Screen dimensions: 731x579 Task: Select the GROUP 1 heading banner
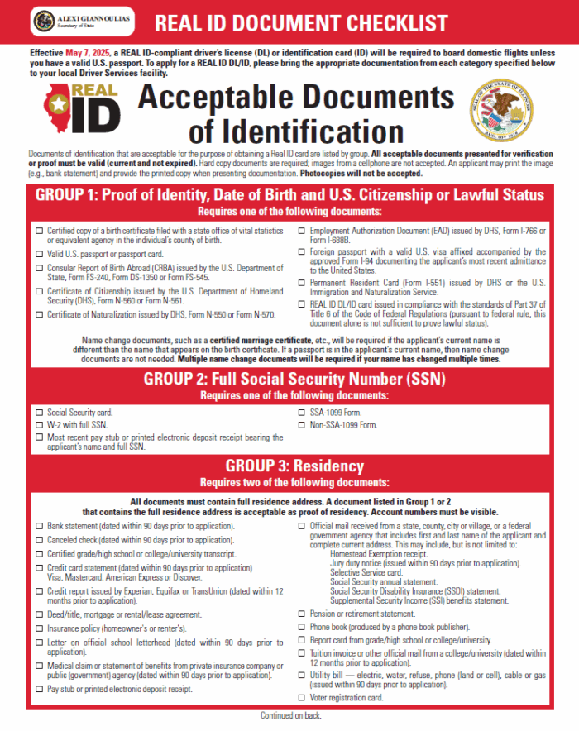[289, 196]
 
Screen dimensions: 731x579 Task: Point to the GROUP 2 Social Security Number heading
[289, 380]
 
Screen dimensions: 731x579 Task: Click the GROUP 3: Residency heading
[289, 466]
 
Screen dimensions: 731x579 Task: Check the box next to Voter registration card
[302, 698]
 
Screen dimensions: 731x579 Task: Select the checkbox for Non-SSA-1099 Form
[302, 424]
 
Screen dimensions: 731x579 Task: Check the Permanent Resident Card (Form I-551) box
[302, 283]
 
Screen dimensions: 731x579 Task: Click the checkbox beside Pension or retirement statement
[302, 614]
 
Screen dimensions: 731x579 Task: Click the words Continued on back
[289, 716]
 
